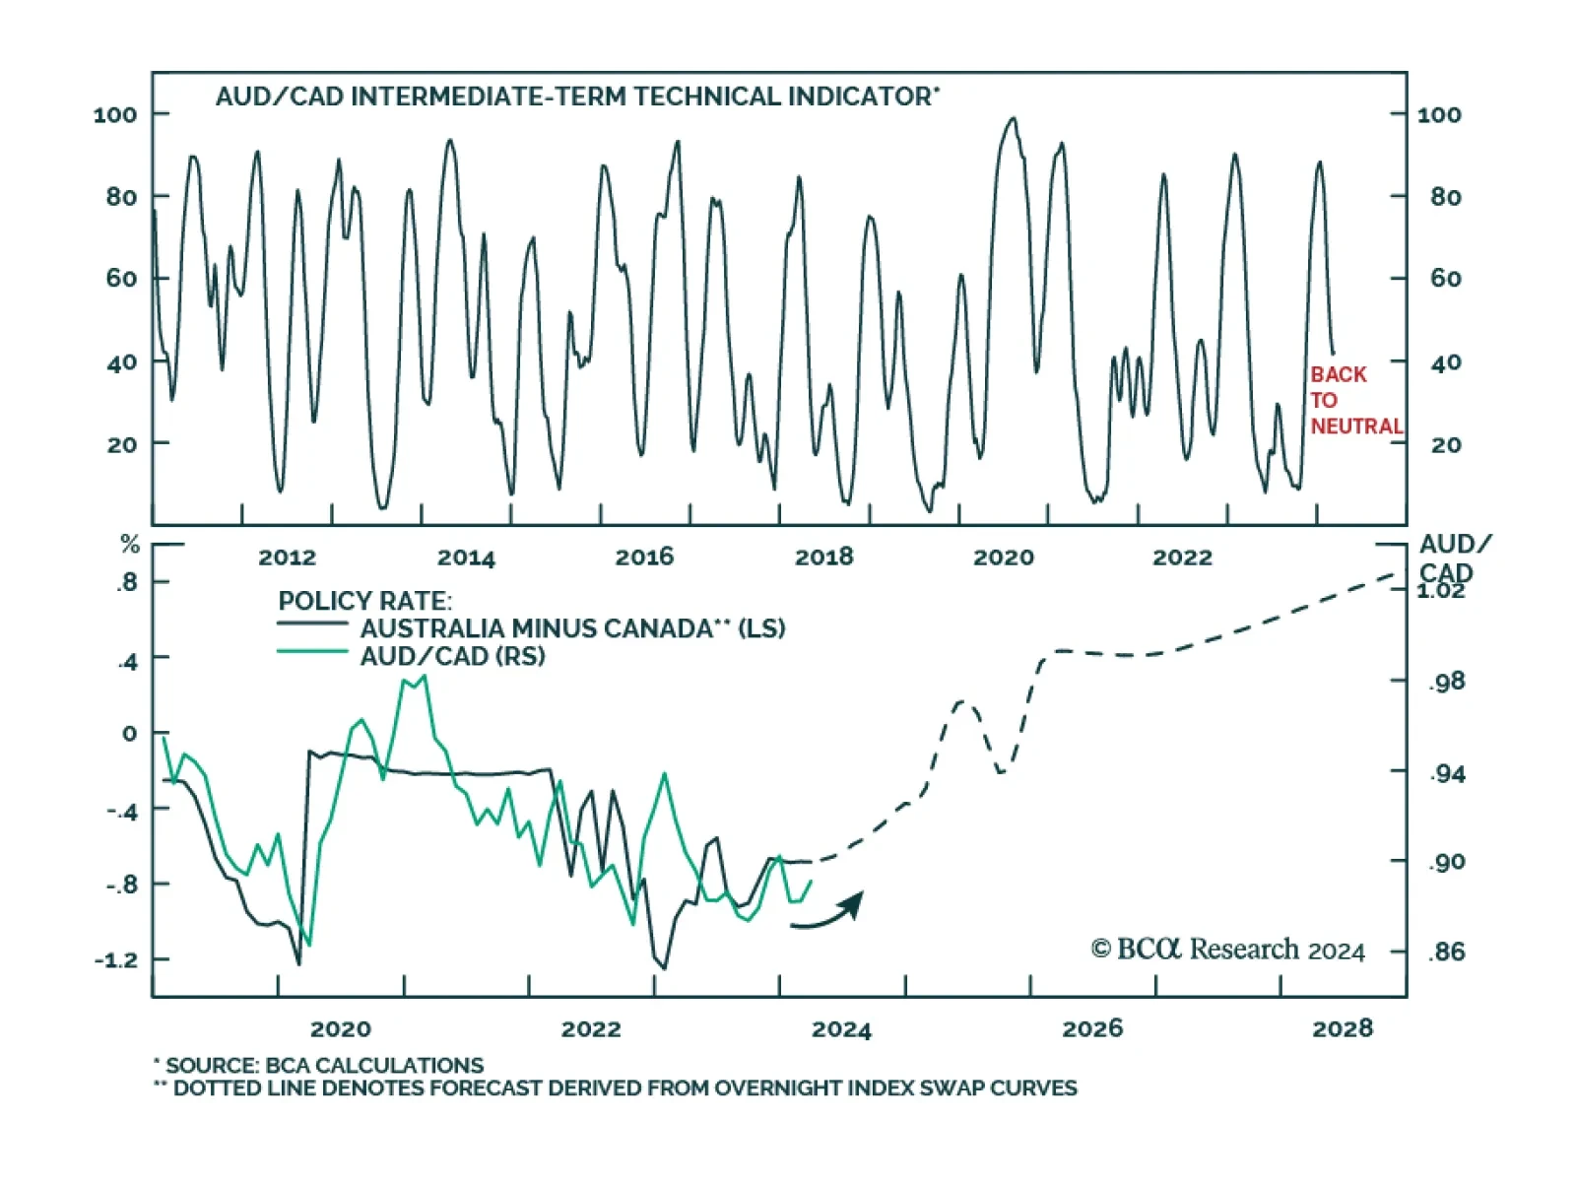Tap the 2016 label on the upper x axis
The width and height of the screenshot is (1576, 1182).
644,558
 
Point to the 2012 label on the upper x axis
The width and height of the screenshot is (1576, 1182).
287,558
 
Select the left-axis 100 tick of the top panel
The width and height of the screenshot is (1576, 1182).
115,114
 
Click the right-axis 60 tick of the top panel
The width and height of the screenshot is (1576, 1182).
1445,279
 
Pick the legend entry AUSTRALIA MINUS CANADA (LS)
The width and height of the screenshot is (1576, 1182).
571,628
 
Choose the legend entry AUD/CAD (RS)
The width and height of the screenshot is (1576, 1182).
452,656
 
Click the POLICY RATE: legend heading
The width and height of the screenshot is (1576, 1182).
364,601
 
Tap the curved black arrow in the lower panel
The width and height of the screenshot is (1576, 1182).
829,911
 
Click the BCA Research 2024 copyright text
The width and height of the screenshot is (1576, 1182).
1227,949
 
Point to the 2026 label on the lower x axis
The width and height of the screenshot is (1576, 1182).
1092,1029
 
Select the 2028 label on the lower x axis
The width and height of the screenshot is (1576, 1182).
1342,1029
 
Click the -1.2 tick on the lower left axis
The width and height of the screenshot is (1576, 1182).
116,959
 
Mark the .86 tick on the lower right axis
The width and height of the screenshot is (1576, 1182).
1446,952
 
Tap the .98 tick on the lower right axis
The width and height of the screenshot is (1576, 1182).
1446,682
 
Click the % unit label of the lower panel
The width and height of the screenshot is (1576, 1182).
130,545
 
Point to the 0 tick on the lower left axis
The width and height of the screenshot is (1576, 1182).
130,734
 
